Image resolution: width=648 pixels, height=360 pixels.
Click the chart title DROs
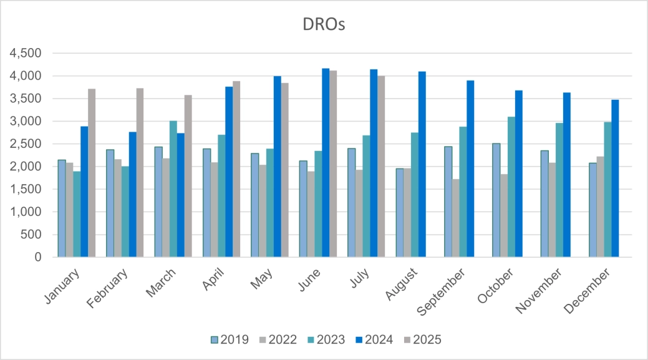324,25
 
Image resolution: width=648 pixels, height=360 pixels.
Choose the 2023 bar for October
511,187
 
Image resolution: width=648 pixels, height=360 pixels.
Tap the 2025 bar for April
236,169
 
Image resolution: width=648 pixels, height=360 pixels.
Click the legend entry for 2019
230,340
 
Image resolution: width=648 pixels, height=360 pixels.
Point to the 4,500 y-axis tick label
25,54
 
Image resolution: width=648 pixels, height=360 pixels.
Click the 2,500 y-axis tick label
25,144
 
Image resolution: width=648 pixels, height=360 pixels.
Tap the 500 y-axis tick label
30,235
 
